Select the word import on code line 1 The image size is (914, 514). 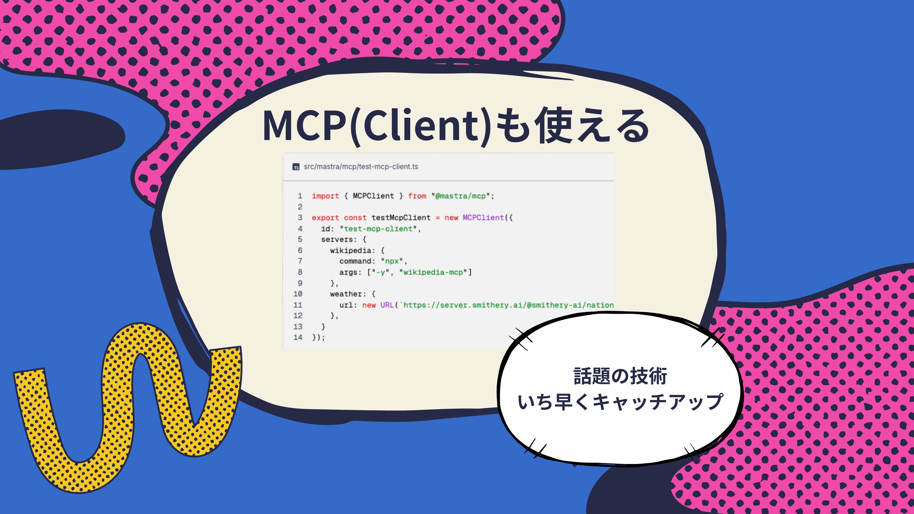coord(325,196)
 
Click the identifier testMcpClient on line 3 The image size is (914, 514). coord(401,217)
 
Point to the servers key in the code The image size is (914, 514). coord(337,239)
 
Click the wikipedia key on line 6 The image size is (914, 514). coord(351,250)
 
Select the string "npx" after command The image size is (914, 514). coord(392,261)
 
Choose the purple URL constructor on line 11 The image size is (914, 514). coord(387,305)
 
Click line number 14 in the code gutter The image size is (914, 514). coord(298,337)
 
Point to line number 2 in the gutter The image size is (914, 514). coord(300,207)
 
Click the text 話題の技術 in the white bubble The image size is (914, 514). coord(620,376)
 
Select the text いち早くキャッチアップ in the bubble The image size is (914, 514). coord(620,402)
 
